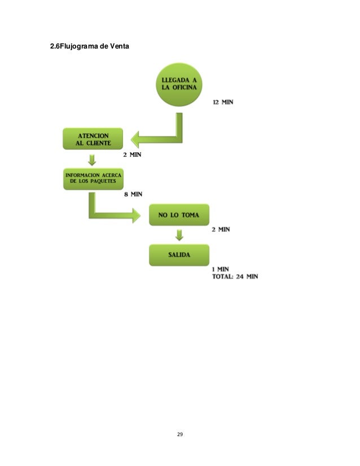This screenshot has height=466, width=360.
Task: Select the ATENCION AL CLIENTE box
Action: pos(93,138)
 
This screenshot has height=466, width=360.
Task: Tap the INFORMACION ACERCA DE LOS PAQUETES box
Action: pos(93,178)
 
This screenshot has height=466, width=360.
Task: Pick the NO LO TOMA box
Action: pos(179,215)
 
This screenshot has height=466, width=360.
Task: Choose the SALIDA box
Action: pos(179,254)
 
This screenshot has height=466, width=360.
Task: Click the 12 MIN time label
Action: pos(223,102)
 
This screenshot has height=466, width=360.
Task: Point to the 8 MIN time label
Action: pos(133,194)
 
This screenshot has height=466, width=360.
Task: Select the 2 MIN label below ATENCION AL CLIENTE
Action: pos(132,153)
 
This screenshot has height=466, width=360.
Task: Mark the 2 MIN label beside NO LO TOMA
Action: pos(221,230)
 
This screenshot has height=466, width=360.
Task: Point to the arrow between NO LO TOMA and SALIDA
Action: pos(179,235)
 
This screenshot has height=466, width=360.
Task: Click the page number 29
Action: pos(180,434)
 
